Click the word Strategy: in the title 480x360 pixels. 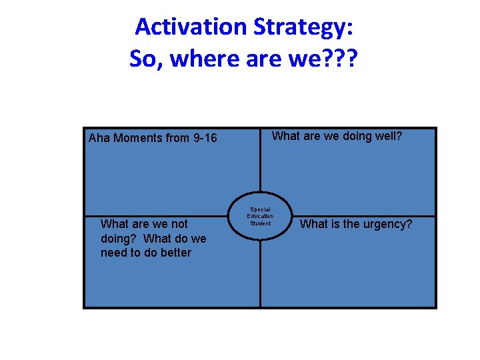303,27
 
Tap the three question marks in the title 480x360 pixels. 342,59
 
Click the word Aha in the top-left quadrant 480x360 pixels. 99,139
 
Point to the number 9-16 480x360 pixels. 205,139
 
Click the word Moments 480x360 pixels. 137,139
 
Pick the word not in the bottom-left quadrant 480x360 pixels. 179,224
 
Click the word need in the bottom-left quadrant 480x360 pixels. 114,253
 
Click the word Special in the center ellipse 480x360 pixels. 260,209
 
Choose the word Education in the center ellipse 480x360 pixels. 260,216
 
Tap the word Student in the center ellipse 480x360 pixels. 260,223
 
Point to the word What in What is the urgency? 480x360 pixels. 314,225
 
